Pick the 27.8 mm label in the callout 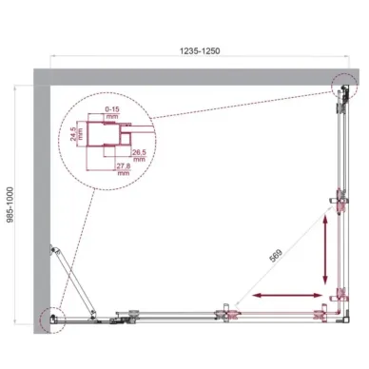click(122, 169)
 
